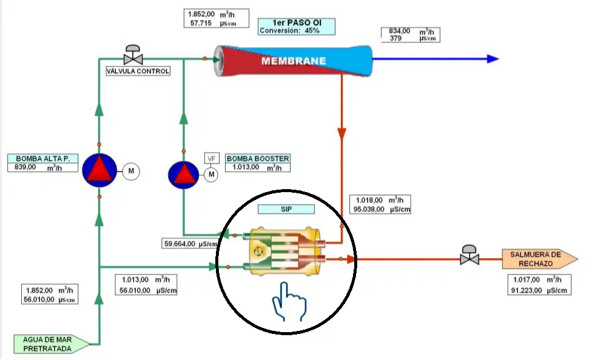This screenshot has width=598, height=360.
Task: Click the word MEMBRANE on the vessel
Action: tap(294, 61)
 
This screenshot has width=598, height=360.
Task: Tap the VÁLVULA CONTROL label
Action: tap(138, 72)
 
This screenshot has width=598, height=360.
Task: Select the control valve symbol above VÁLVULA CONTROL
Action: tap(133, 55)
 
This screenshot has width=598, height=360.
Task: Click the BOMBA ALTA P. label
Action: tap(42, 158)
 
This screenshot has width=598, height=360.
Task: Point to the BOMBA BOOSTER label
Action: tap(258, 158)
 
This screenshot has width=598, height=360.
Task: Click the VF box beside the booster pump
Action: tap(212, 158)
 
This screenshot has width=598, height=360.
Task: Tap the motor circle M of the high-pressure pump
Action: tap(131, 171)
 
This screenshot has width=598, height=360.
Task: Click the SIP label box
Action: tap(286, 209)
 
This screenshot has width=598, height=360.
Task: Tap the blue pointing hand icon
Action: tap(289, 301)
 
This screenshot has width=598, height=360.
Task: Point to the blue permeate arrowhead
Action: tap(492, 59)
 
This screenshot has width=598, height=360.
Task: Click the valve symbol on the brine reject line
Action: tap(469, 255)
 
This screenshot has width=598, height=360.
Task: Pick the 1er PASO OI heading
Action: tap(297, 23)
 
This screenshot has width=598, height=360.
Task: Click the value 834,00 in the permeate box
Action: tap(399, 31)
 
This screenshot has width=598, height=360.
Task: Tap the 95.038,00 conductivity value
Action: tap(369, 209)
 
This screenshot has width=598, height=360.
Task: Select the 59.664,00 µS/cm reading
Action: tap(190, 244)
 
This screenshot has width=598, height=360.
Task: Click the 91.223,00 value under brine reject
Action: tap(526, 290)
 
